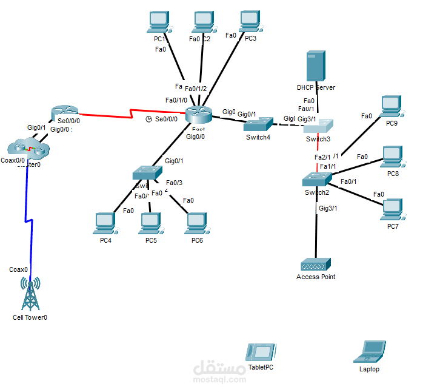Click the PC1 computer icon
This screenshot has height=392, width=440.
(x=158, y=22)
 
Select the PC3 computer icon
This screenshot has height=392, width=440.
(x=249, y=21)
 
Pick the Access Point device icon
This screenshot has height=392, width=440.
(x=316, y=265)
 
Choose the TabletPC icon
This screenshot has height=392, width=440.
(x=260, y=353)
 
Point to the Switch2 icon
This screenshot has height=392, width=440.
(x=317, y=179)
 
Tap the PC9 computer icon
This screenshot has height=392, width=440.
(x=392, y=107)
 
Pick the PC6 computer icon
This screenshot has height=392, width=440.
(x=196, y=223)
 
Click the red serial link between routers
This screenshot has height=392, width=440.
(x=133, y=114)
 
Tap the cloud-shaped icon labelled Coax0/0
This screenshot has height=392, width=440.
(x=27, y=147)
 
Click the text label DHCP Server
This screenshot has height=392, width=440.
(x=316, y=87)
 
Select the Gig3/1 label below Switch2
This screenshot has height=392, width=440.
(x=328, y=208)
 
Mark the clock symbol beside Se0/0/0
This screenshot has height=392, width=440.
(x=148, y=119)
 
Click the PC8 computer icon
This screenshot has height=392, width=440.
(x=392, y=157)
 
